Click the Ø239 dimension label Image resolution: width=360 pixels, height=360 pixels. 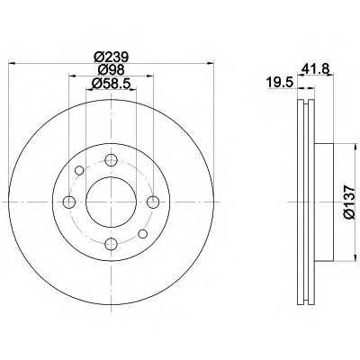[111, 57]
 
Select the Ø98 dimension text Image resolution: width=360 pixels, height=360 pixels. [111, 70]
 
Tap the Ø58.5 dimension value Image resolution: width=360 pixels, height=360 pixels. [111, 83]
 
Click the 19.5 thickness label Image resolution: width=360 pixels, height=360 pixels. [280, 83]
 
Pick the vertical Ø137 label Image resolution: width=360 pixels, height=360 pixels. [349, 202]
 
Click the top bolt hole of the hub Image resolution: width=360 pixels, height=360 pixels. [111, 160]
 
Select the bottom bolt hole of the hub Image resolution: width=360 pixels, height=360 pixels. [111, 244]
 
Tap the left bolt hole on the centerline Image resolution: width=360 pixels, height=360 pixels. [69, 202]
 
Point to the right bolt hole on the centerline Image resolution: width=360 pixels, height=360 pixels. [153, 202]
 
